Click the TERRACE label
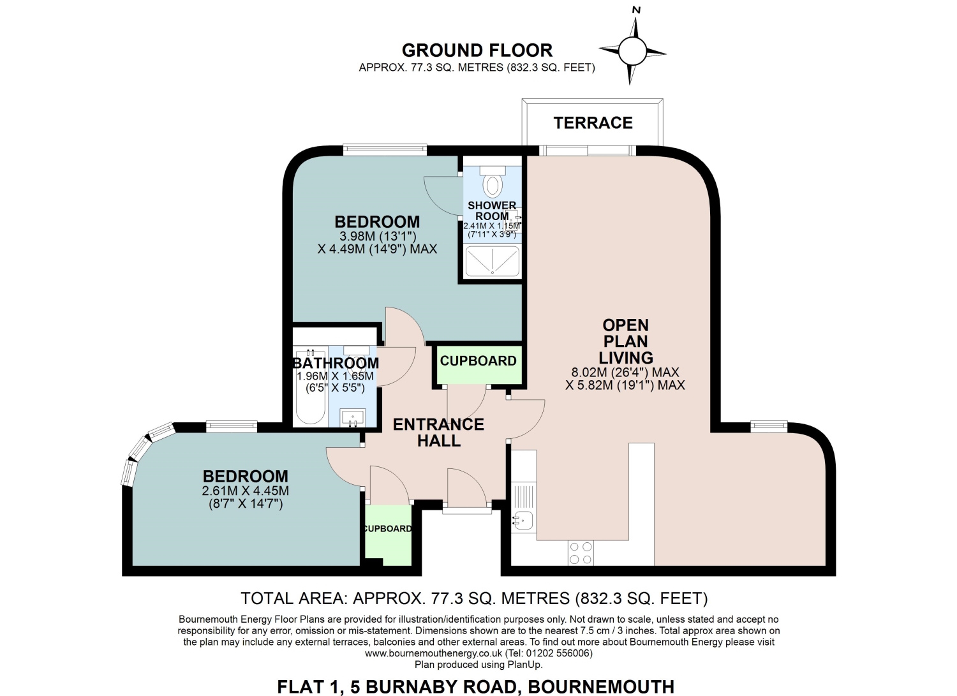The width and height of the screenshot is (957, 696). (593, 123)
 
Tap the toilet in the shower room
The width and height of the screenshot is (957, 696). (493, 181)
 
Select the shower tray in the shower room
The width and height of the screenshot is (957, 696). (493, 261)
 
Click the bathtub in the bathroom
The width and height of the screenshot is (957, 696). (311, 387)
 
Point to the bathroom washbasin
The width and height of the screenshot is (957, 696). (353, 417)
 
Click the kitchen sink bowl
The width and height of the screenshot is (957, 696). (523, 521)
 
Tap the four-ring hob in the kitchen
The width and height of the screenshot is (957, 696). (581, 553)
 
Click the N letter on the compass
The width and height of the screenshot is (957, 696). (636, 10)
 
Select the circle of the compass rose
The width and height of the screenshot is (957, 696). (632, 51)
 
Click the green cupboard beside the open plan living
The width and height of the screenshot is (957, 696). (478, 364)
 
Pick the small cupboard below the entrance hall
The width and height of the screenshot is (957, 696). (388, 535)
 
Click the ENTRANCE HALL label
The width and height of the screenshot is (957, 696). (439, 433)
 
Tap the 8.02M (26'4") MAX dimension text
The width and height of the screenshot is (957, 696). (625, 373)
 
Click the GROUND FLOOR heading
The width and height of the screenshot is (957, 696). (477, 50)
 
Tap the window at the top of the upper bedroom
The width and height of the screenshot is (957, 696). (385, 149)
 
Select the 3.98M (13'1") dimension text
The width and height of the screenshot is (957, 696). (378, 236)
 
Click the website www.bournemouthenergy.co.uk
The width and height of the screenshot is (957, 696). (433, 653)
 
